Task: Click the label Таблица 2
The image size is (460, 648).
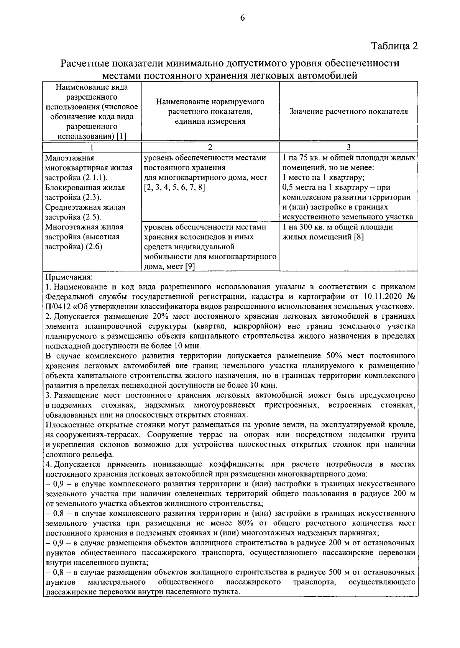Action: click(394, 46)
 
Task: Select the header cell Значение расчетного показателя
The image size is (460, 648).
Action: click(348, 111)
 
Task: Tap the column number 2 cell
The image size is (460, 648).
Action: click(210, 147)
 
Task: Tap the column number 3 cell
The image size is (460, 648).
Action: click(348, 147)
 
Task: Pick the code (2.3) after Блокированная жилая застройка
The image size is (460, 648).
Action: click(92, 197)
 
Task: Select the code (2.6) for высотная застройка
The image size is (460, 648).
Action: click(94, 247)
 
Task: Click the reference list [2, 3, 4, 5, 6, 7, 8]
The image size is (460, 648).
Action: click(174, 188)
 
